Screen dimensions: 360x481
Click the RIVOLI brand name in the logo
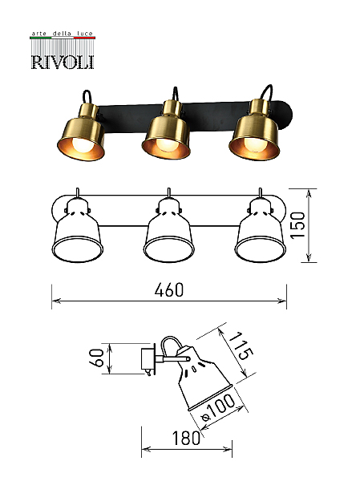point(63,62)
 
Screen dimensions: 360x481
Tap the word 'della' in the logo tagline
point(62,33)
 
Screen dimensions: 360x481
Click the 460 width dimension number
point(169,290)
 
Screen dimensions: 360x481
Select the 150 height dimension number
point(298,225)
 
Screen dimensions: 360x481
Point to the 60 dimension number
point(95,358)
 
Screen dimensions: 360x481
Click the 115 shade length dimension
point(241,346)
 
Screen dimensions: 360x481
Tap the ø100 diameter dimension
point(217,408)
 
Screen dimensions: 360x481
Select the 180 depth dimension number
point(186,438)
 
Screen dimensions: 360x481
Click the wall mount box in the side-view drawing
point(148,358)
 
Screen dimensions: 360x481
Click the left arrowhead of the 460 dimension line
point(55,301)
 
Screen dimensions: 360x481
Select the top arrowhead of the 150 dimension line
point(309,193)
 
